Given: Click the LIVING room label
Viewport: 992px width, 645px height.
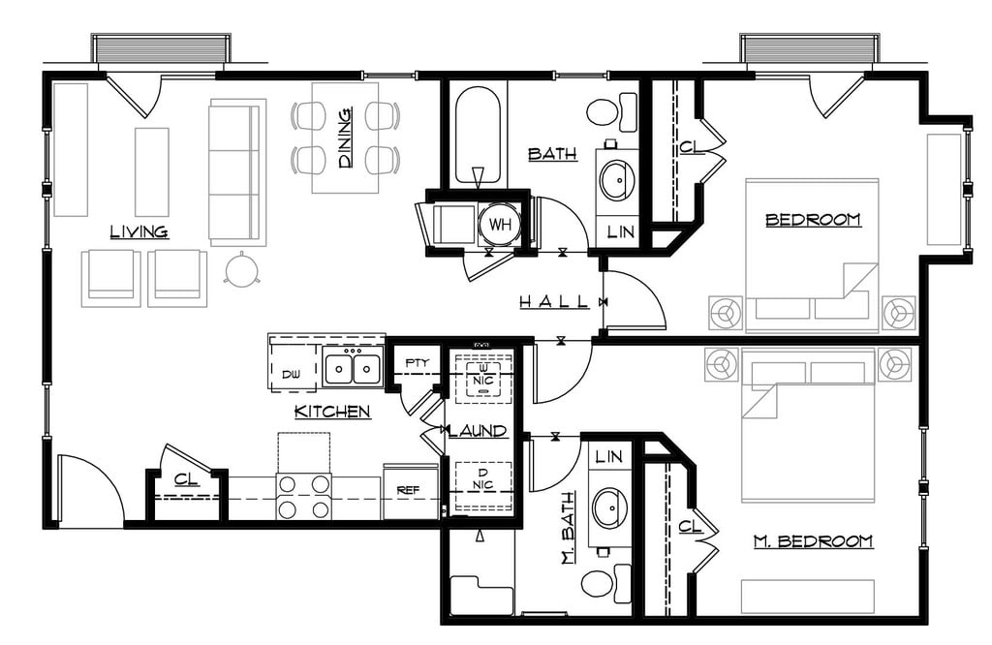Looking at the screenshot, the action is click(139, 231).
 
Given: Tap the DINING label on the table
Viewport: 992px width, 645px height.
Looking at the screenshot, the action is click(346, 138).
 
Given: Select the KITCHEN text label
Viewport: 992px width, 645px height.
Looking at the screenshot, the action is click(332, 412).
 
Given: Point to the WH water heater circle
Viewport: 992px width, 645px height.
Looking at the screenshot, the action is click(500, 225).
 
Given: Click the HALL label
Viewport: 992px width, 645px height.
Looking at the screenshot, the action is click(554, 301).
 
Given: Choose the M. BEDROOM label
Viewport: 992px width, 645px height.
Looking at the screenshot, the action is click(813, 541).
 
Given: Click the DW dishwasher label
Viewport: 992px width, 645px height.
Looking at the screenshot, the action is click(291, 375).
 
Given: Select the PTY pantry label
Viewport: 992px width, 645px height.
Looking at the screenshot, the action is click(417, 363).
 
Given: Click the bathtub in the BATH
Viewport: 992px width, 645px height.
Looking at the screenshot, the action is click(479, 136).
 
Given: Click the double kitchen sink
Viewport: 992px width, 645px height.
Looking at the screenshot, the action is click(353, 367).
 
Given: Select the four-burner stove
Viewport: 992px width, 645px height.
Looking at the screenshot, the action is click(303, 497).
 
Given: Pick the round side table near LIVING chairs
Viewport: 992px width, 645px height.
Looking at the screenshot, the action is click(241, 269).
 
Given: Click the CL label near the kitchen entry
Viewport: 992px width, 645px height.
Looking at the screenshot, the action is click(186, 479).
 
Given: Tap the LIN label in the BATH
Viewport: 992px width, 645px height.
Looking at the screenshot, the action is click(620, 232).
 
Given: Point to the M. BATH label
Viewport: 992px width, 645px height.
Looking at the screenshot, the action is click(568, 529).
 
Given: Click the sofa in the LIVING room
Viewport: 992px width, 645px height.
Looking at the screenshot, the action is click(237, 171).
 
